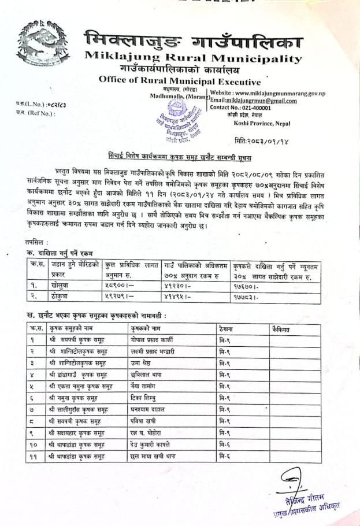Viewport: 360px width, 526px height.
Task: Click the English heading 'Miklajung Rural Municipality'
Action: coord(193,58)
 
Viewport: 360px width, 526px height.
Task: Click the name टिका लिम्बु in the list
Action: coord(144,398)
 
